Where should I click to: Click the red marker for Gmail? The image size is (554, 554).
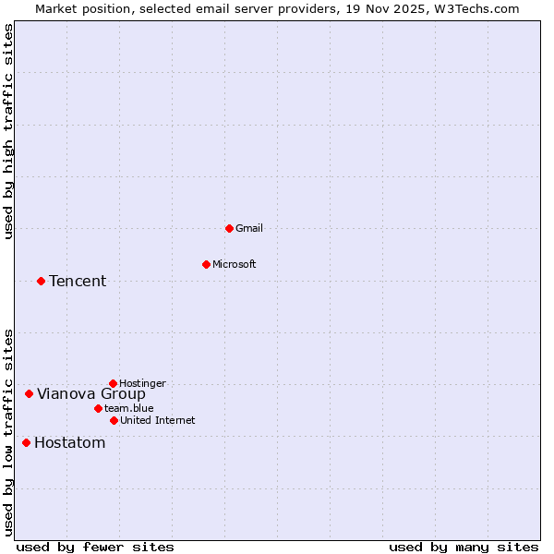click(229, 228)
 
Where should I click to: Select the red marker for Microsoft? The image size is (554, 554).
click(206, 264)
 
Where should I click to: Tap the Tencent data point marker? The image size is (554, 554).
click(41, 281)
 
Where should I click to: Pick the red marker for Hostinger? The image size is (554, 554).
click(113, 383)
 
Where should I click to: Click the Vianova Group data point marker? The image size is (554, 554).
click(29, 393)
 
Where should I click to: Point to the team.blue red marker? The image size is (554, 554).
click(98, 408)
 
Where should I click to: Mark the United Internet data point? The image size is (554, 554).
click(114, 420)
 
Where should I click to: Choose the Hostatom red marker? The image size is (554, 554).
click(26, 442)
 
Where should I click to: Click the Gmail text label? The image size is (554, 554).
click(249, 228)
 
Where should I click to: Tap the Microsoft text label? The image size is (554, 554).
click(235, 264)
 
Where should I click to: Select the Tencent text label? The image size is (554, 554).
click(78, 281)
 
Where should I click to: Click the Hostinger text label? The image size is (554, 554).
click(143, 383)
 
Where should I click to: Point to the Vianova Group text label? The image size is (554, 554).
click(91, 393)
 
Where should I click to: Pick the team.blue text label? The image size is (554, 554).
click(129, 408)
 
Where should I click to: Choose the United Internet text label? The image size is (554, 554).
click(158, 420)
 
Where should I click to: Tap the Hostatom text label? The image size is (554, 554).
click(70, 442)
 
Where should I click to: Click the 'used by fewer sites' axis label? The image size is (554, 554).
click(95, 547)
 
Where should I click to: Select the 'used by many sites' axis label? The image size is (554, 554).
click(464, 547)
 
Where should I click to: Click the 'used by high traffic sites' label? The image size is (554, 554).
click(8, 131)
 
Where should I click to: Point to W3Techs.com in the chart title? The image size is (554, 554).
click(476, 8)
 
